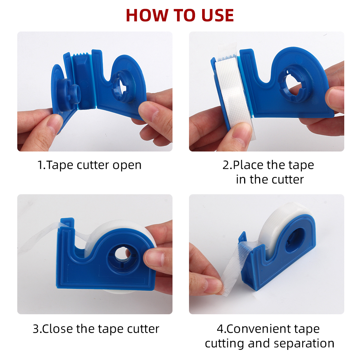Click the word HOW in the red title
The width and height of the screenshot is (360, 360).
(144, 15)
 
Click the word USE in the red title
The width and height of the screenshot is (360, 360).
(216, 15)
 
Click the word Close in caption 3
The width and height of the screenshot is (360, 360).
(58, 329)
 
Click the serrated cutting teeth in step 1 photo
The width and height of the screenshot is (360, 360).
(82, 56)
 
